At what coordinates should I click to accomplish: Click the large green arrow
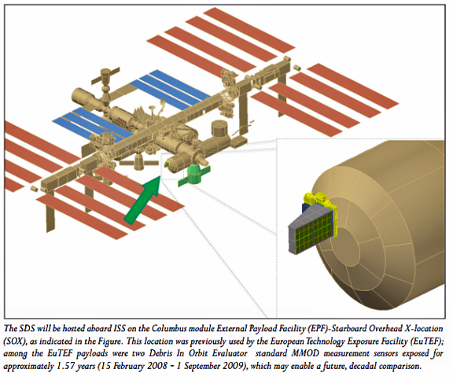pos(143,200)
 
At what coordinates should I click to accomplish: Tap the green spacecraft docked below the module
pos(193,175)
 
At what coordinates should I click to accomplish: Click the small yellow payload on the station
pos(167,164)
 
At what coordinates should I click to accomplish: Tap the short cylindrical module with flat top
pos(220,128)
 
